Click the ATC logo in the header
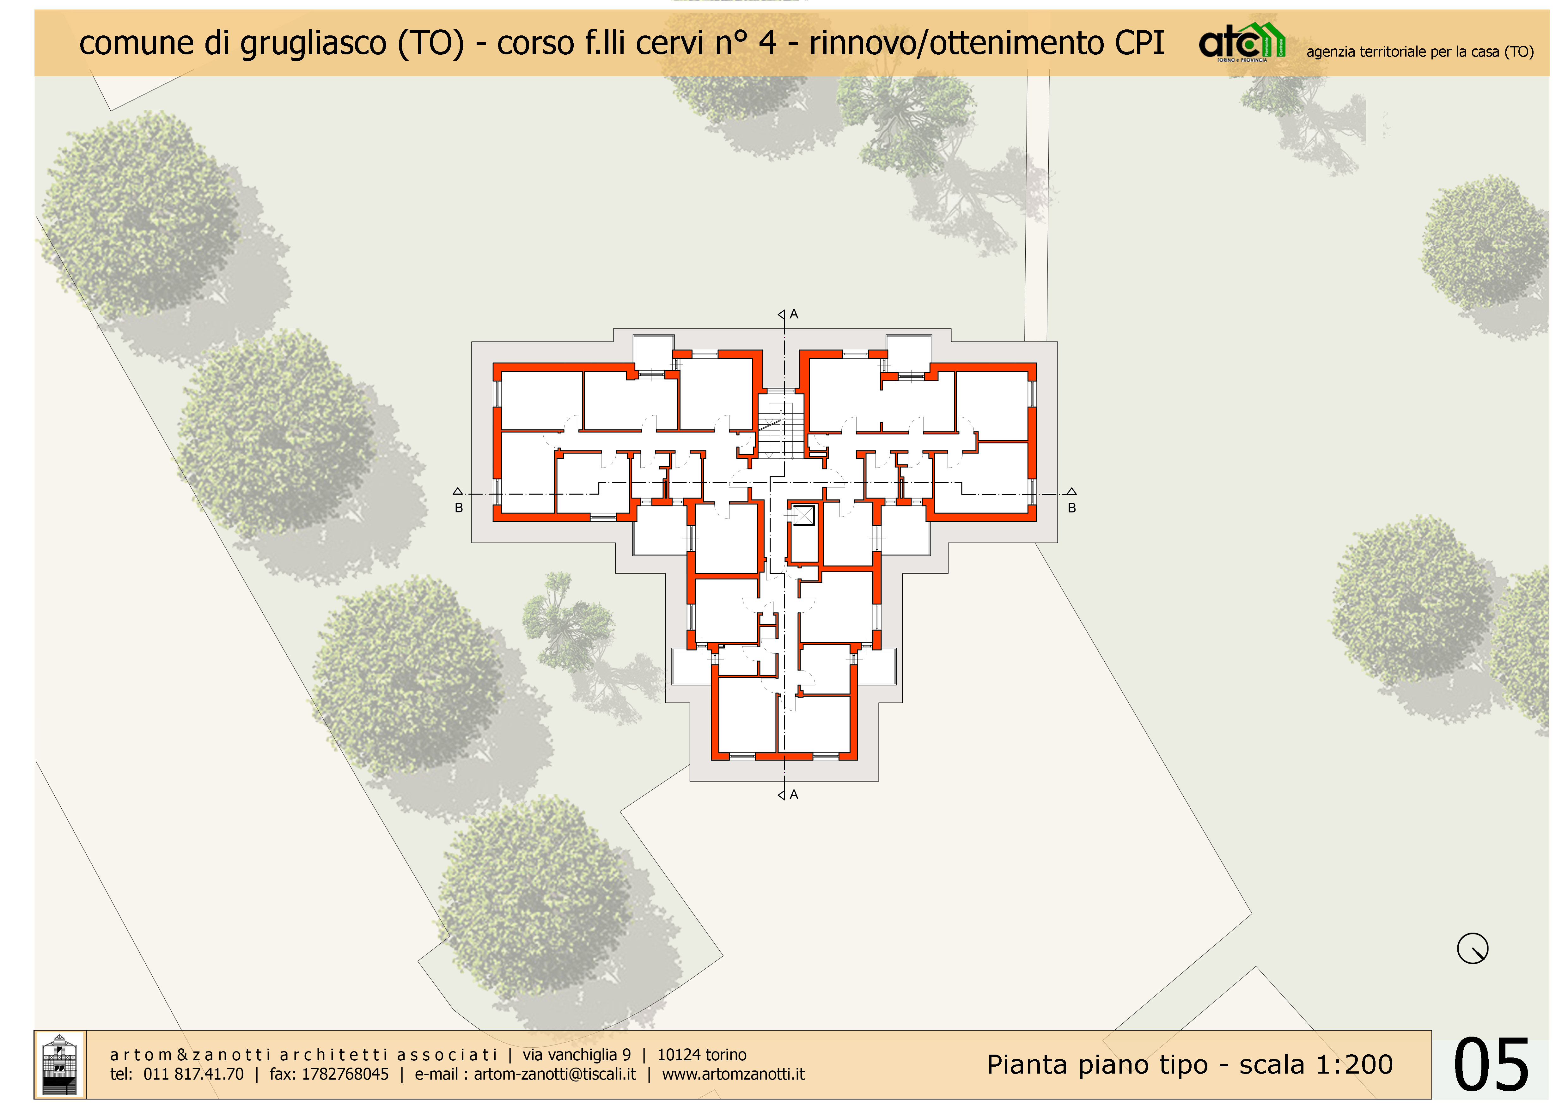(1242, 42)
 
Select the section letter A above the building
(794, 314)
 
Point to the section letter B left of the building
(459, 508)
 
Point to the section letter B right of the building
(1071, 508)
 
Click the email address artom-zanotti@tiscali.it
(554, 1074)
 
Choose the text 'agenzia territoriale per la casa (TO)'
(1420, 52)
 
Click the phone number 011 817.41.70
(193, 1074)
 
